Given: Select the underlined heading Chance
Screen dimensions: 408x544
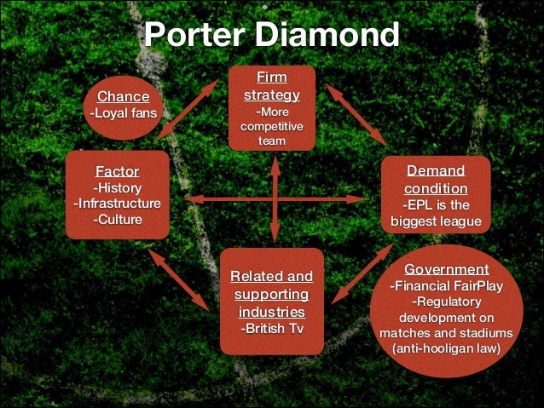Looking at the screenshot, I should click(x=129, y=96).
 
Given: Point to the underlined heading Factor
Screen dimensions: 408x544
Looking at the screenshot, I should click(x=117, y=171).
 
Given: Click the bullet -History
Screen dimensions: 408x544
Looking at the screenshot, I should click(x=117, y=187).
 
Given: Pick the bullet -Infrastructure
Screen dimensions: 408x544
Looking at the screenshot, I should click(x=117, y=204).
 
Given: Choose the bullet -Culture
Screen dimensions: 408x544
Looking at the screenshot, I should click(x=117, y=220).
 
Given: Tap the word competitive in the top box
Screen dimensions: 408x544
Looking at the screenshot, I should click(x=272, y=127).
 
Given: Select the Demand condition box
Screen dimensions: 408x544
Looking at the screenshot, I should click(x=436, y=194).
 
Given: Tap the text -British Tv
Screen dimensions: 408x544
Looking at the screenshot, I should click(x=271, y=328).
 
